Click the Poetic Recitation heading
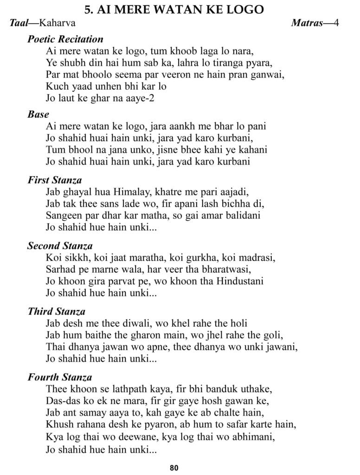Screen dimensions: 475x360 coord(65,39)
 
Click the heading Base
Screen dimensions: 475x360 coord(38,114)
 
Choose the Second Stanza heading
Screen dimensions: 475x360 coord(60,245)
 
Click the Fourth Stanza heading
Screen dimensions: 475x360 coord(59,377)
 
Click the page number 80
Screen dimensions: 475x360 coord(174,468)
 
